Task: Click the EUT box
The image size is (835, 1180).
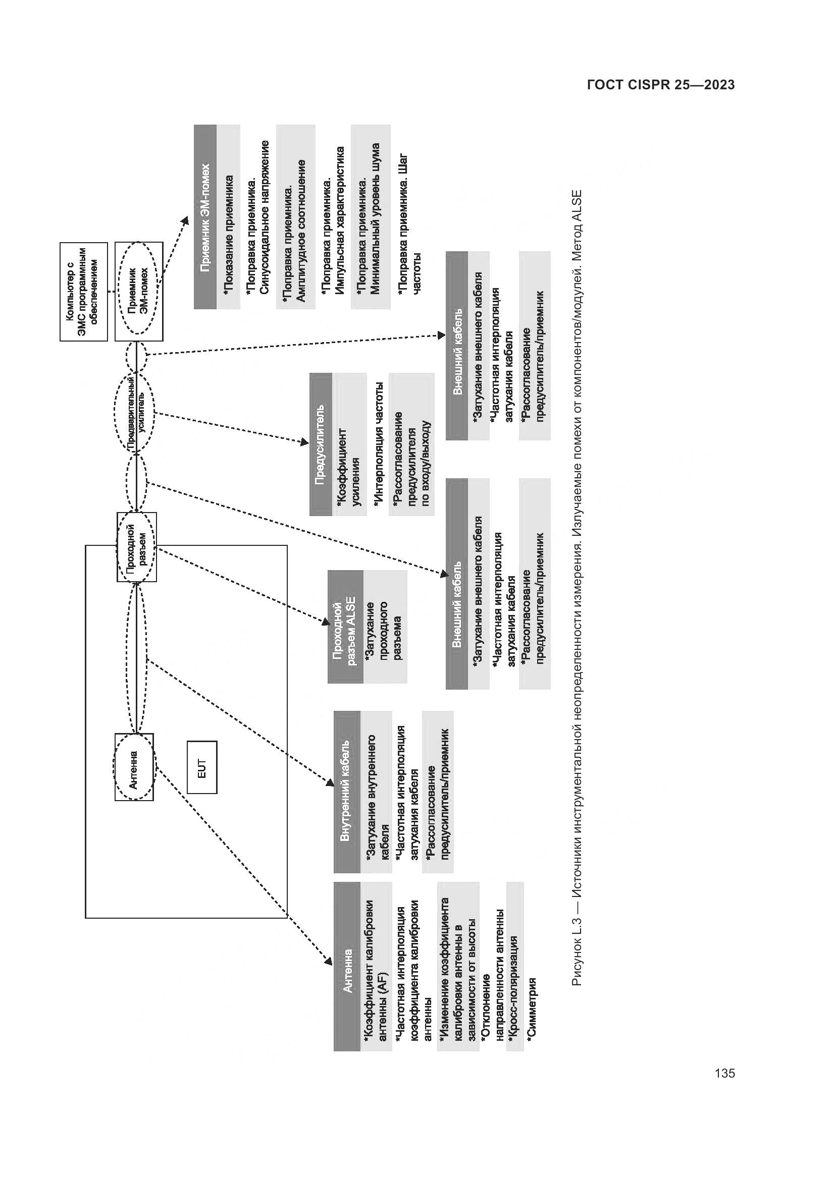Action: (x=201, y=767)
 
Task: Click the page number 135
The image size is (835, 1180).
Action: (x=724, y=1073)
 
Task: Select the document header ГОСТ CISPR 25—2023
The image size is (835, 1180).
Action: (x=661, y=85)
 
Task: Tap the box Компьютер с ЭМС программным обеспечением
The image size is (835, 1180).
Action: (x=84, y=292)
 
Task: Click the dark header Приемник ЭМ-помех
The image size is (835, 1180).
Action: (x=205, y=216)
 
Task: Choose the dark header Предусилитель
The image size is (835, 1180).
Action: (x=321, y=444)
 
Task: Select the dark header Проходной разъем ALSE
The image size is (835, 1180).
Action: (x=345, y=627)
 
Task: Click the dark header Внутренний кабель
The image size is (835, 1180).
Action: (x=346, y=792)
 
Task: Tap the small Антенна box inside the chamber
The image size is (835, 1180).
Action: (x=134, y=767)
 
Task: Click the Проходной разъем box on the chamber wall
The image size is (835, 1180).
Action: (x=137, y=547)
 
